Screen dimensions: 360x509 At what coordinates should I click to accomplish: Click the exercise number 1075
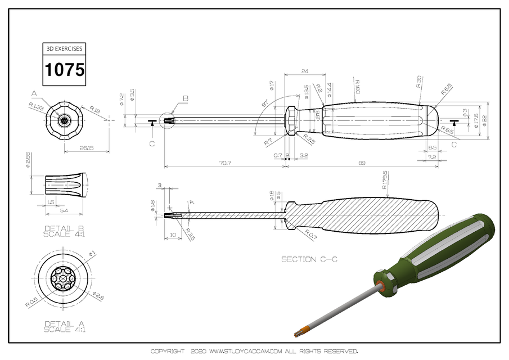click(65, 70)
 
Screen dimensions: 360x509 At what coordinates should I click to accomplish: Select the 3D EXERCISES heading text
click(65, 49)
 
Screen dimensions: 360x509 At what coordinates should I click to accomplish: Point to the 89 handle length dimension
click(362, 163)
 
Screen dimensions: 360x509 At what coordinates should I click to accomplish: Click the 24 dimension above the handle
click(305, 71)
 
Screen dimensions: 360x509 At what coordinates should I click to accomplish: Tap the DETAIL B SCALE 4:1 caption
click(64, 232)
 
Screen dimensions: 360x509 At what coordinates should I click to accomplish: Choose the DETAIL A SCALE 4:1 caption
click(64, 327)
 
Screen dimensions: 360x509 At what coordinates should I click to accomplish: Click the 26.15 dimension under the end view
click(86, 148)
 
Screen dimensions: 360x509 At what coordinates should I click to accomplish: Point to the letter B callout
click(185, 98)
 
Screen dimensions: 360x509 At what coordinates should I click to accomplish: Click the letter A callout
click(34, 92)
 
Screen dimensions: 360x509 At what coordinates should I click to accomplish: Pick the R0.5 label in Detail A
click(31, 303)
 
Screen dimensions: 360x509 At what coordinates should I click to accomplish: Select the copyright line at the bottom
click(254, 351)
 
